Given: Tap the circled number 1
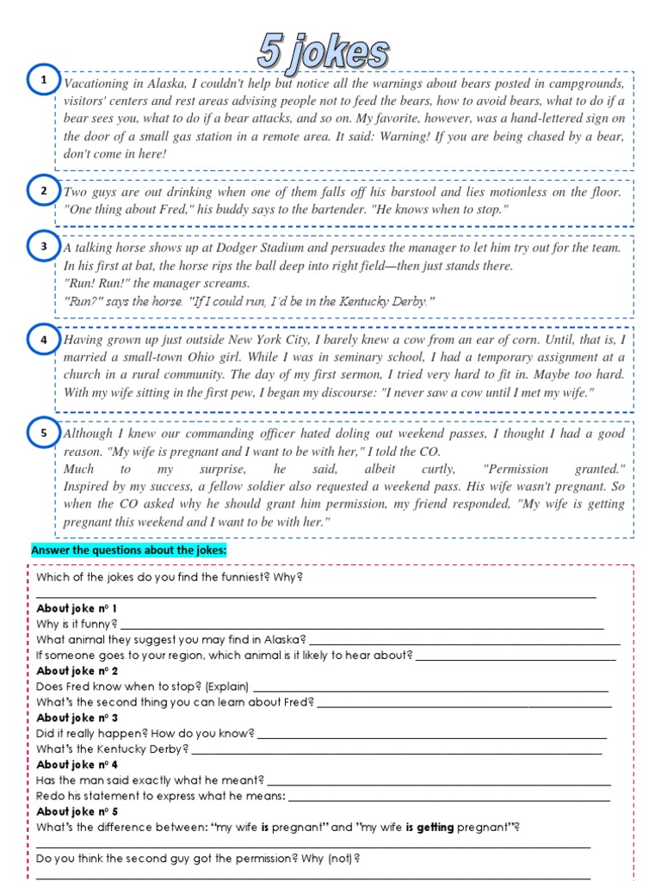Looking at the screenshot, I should [x=44, y=81].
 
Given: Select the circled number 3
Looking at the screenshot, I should [x=44, y=247].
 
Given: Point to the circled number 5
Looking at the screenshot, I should [x=44, y=433].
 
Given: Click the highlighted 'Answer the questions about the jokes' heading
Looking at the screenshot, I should [x=128, y=550].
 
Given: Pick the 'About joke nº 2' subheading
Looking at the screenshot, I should [x=77, y=671].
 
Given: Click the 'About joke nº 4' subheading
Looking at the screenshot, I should [x=77, y=764].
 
